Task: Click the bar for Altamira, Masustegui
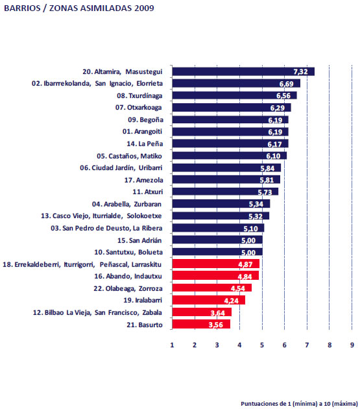pyautogui.click(x=243, y=71)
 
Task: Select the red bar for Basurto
pyautogui.click(x=201, y=324)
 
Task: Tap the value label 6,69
pyautogui.click(x=286, y=84)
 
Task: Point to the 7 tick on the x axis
pyautogui.click(x=307, y=345)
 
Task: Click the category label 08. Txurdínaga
pyautogui.click(x=139, y=95)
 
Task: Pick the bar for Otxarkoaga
pyautogui.click(x=232, y=108)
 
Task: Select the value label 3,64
pyautogui.click(x=218, y=312)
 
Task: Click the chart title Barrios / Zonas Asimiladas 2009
pyautogui.click(x=79, y=8)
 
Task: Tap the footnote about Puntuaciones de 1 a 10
pyautogui.click(x=299, y=404)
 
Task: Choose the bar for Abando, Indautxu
pyautogui.click(x=215, y=275)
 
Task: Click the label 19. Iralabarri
pyautogui.click(x=143, y=300)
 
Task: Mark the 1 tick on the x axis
pyautogui.click(x=172, y=345)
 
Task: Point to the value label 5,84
pyautogui.click(x=267, y=168)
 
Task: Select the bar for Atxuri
pyautogui.click(x=225, y=192)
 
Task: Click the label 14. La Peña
pyautogui.click(x=145, y=143)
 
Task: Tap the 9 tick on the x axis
pyautogui.click(x=352, y=345)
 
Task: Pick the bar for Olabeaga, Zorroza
pyautogui.click(x=212, y=288)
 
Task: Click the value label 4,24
pyautogui.click(x=231, y=301)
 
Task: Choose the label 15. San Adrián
pyautogui.click(x=139, y=240)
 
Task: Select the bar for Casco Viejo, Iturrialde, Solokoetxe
pyautogui.click(x=221, y=216)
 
